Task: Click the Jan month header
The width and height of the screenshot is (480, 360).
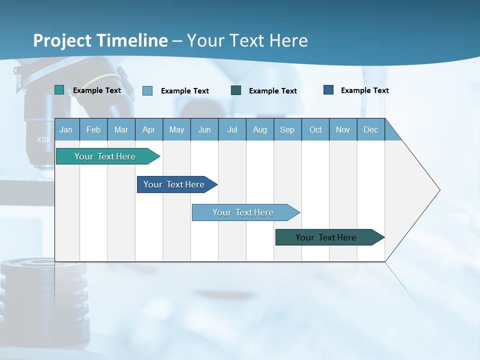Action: coord(66,129)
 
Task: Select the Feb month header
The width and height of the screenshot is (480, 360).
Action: coord(93,129)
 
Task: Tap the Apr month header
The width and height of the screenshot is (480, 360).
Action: coord(149,129)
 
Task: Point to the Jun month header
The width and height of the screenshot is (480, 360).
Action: coord(204,129)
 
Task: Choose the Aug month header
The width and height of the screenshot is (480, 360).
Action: coord(260,129)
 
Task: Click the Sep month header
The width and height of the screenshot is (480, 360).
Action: coord(287,129)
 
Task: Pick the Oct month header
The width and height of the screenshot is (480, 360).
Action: coord(315,129)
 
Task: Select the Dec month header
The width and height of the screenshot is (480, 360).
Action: coord(371,129)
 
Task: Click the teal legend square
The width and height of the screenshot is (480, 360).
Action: coord(59,90)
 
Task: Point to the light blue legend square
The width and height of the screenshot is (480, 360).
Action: coord(147,90)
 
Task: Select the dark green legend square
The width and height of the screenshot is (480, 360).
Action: coord(236,90)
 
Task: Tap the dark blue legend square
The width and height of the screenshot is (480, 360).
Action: coord(328,89)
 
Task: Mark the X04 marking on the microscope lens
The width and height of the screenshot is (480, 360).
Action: coord(43,139)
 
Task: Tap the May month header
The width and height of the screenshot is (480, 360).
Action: coord(176,129)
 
